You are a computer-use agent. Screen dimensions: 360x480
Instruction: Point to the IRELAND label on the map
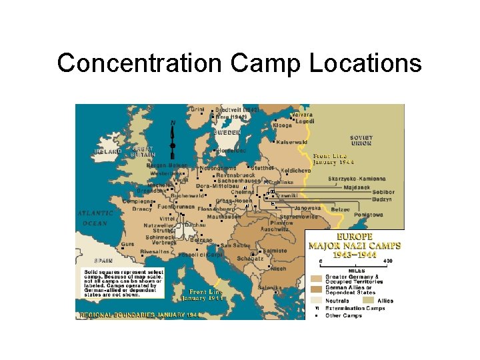click(x=106, y=151)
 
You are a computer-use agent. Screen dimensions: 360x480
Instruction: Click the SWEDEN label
click(x=227, y=132)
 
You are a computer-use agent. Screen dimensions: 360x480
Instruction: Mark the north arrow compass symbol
click(x=173, y=140)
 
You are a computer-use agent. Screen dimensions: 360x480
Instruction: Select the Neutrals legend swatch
click(x=316, y=301)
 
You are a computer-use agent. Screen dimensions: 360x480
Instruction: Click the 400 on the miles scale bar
click(x=387, y=261)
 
